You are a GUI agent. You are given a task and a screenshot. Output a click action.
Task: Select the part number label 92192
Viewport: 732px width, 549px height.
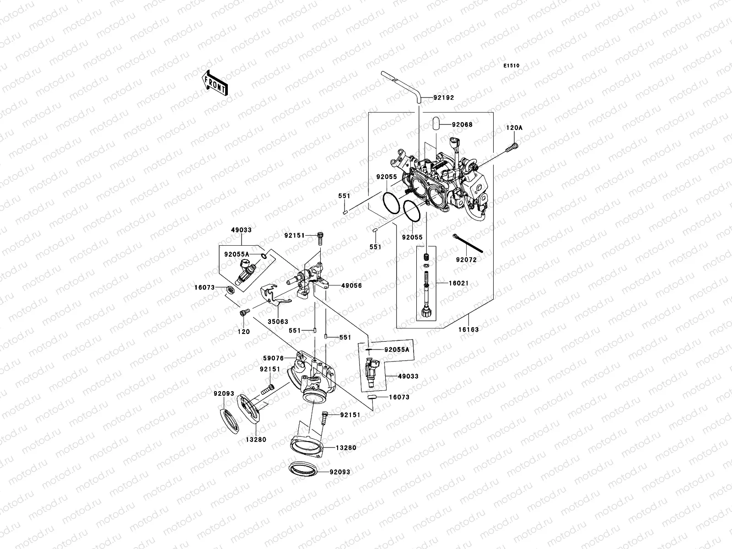pyautogui.click(x=443, y=97)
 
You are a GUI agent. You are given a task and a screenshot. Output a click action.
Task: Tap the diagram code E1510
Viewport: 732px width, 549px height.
pyautogui.click(x=511, y=66)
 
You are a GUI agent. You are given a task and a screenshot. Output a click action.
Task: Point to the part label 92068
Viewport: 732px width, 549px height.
pyautogui.click(x=462, y=124)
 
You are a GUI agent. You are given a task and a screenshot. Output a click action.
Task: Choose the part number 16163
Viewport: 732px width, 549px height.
pyautogui.click(x=468, y=329)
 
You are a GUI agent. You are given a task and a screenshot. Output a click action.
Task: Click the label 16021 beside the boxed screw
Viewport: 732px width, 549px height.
pyautogui.click(x=458, y=283)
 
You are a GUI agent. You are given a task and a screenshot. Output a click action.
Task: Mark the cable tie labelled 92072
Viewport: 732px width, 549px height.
pyautogui.click(x=468, y=243)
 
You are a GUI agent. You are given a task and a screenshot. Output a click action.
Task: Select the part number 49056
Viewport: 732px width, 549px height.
pyautogui.click(x=351, y=285)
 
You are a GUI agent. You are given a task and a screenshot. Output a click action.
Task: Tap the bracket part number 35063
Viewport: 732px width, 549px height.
pyautogui.click(x=278, y=322)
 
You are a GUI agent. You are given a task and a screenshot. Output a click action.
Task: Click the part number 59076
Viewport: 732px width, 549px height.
pyautogui.click(x=273, y=358)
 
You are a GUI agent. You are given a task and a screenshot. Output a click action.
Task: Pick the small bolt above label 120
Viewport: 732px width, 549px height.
pyautogui.click(x=244, y=312)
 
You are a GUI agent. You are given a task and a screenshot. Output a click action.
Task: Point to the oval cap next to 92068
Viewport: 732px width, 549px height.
pyautogui.click(x=436, y=124)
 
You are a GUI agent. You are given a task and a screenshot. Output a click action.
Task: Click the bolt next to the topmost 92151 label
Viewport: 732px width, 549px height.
pyautogui.click(x=320, y=238)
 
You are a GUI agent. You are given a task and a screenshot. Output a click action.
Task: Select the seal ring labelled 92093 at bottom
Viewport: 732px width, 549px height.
pyautogui.click(x=303, y=469)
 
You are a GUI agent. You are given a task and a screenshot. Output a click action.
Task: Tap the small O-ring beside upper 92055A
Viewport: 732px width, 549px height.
pyautogui.click(x=264, y=256)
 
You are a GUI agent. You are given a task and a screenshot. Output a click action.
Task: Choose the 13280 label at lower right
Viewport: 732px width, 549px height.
pyautogui.click(x=346, y=448)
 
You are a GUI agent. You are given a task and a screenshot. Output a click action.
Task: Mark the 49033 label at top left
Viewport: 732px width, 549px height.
pyautogui.click(x=241, y=230)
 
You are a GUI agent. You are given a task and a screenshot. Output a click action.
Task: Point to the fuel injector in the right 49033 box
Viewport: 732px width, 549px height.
pyautogui.click(x=371, y=372)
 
